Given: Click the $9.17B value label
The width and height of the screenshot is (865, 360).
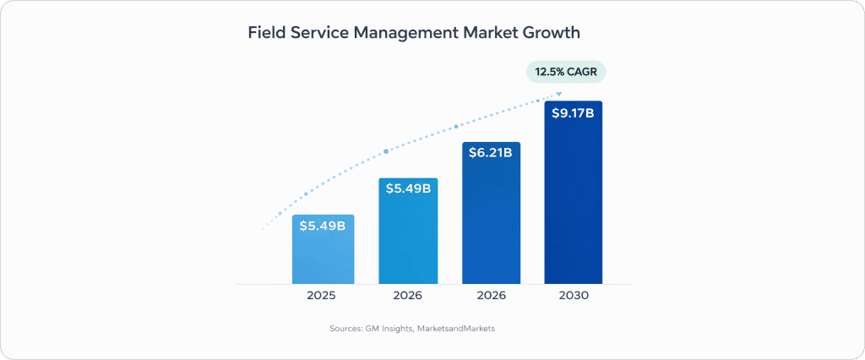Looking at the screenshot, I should [573, 113].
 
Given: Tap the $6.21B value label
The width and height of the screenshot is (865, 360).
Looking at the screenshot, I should [491, 154].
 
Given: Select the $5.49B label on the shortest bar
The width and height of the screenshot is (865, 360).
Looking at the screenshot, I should [323, 226].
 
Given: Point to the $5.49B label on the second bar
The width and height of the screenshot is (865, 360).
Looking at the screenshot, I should [408, 188].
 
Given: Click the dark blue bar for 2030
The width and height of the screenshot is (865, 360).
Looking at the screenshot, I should [573, 203].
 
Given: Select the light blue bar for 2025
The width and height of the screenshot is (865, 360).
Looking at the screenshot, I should [323, 258].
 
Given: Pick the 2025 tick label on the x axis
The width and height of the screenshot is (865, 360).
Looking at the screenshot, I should [322, 296].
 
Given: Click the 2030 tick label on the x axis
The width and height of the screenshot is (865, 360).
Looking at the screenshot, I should [574, 296].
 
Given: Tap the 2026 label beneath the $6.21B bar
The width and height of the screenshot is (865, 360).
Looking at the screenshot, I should [491, 296].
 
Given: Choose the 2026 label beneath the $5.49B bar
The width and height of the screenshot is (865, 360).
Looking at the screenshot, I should [408, 296].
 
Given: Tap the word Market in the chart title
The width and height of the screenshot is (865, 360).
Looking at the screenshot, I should [484, 34].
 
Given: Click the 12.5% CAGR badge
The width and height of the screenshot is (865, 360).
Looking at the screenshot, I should [566, 72].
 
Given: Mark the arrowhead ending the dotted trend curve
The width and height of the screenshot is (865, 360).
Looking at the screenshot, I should [558, 93].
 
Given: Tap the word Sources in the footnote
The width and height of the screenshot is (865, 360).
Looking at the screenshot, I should [346, 328].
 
